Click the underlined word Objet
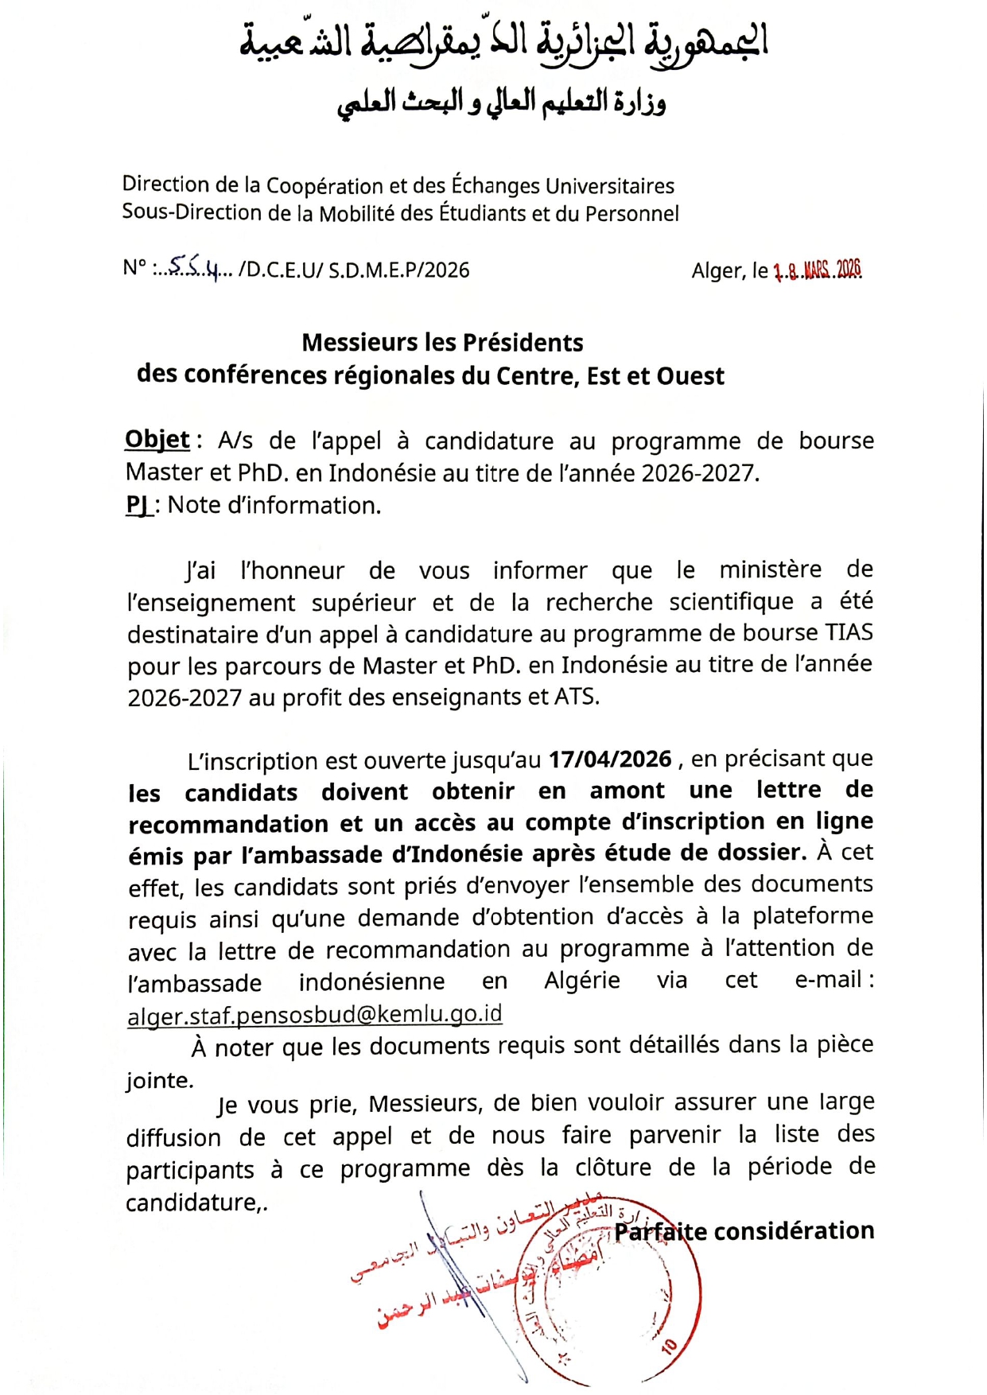click(x=157, y=440)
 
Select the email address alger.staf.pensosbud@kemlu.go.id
click(x=314, y=1014)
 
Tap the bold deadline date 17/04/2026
click(x=610, y=759)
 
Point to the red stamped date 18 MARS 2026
click(x=817, y=270)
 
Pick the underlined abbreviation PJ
click(x=138, y=505)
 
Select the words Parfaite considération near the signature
click(x=744, y=1231)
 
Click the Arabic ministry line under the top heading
click(x=501, y=104)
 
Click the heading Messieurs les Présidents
click(x=442, y=343)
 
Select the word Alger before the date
click(x=717, y=271)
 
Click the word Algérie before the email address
click(x=581, y=980)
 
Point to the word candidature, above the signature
click(x=196, y=1202)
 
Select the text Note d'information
click(x=274, y=505)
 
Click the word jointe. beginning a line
click(x=159, y=1080)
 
